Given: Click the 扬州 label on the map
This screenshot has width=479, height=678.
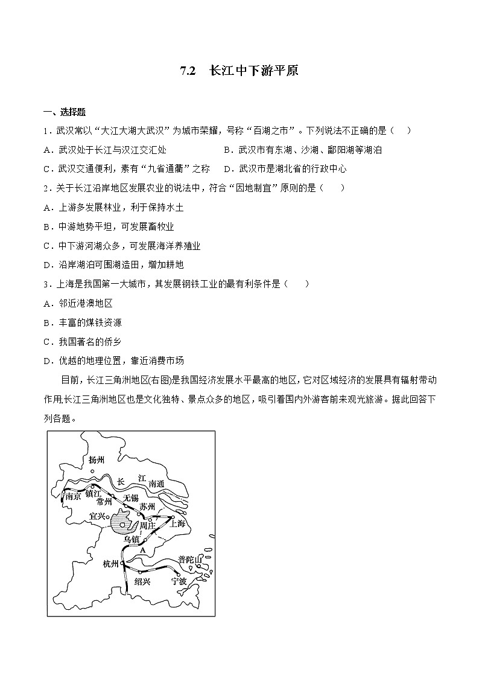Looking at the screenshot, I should pyautogui.click(x=97, y=460).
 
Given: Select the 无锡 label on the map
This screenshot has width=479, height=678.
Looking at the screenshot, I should pyautogui.click(x=130, y=497).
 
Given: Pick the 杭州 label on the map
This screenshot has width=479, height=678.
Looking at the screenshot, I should pyautogui.click(x=110, y=564).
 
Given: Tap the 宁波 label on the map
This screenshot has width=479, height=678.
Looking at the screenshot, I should pyautogui.click(x=179, y=581).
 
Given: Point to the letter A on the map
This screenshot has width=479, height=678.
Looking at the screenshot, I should pyautogui.click(x=143, y=551).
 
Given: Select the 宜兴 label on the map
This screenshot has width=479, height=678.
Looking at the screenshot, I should pyautogui.click(x=97, y=516).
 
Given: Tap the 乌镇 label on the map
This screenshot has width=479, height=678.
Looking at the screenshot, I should pyautogui.click(x=131, y=539).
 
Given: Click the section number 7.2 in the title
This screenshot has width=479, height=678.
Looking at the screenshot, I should pyautogui.click(x=188, y=71).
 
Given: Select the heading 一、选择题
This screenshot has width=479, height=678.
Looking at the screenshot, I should pyautogui.click(x=65, y=112).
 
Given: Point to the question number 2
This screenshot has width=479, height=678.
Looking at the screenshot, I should pyautogui.click(x=46, y=188).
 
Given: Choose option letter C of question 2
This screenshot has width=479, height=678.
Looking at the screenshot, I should pyautogui.click(x=48, y=246).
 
